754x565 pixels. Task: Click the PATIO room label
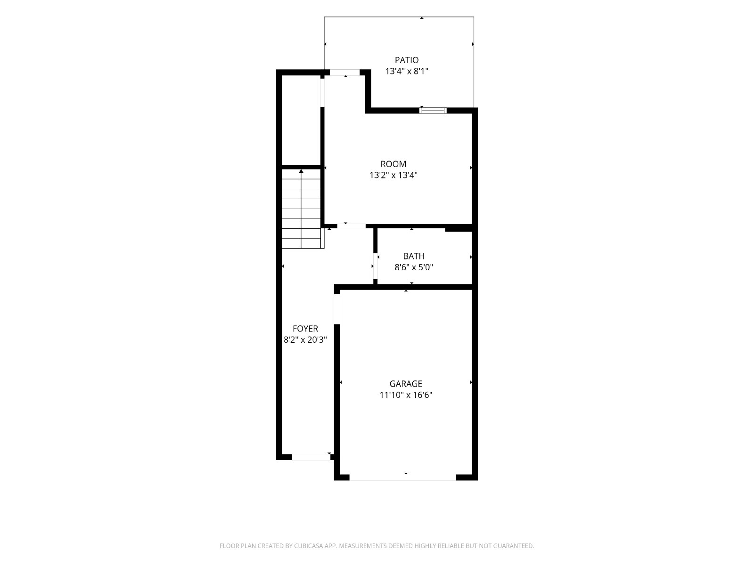406,60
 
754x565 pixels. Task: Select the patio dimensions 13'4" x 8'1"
406,72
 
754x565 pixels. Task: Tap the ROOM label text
393,164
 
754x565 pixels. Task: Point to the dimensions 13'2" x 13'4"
393,175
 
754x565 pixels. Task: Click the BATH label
414,256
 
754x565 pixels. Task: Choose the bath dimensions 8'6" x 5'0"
414,267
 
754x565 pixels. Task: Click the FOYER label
305,329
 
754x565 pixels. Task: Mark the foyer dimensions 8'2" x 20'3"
305,340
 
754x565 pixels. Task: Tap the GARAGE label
406,384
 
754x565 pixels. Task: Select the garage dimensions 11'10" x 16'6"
406,395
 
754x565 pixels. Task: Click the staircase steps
302,209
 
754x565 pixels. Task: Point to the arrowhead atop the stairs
301,171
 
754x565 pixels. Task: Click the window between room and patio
433,111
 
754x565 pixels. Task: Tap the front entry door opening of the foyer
311,457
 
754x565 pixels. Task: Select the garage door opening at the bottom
402,477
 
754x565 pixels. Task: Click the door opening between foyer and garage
337,309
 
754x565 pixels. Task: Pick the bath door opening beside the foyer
376,266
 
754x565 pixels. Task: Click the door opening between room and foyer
352,226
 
